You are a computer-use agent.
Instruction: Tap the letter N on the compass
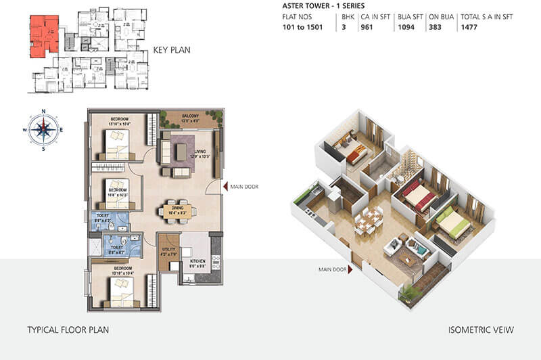coord(43,111)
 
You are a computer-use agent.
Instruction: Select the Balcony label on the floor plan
coord(190,116)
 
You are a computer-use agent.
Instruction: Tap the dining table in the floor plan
coord(177,210)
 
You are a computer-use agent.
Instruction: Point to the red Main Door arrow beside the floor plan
coord(225,187)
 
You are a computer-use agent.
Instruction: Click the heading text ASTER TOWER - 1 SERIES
coord(319,5)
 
